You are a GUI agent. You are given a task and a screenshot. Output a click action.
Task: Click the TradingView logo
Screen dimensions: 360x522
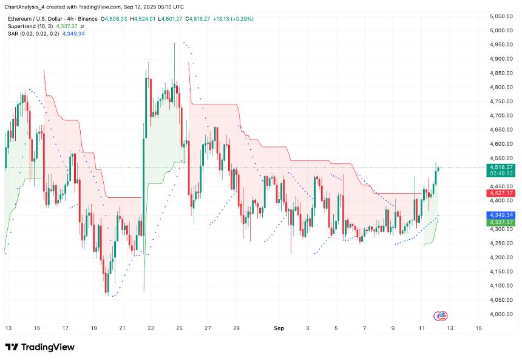[x=40, y=347]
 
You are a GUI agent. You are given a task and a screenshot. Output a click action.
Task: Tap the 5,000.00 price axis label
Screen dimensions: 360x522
[x=501, y=30]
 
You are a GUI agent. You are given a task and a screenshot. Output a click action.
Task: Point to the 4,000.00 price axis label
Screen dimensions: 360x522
[x=501, y=314]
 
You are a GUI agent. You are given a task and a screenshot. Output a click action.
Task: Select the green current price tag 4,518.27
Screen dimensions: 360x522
[x=501, y=167]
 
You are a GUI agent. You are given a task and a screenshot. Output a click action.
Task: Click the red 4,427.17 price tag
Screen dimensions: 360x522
[x=501, y=193]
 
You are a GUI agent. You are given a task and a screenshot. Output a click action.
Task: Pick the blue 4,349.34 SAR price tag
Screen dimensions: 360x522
[x=501, y=215]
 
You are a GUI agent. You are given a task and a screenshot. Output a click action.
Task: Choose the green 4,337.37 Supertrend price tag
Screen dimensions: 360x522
[x=501, y=223]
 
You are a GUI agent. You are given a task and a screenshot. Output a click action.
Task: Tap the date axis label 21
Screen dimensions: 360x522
[x=122, y=328]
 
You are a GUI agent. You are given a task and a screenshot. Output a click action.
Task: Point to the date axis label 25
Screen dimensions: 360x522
[x=180, y=328]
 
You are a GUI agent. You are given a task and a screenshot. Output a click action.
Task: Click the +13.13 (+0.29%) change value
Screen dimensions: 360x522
[x=231, y=19]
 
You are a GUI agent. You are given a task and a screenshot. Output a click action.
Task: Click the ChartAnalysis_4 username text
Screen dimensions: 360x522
[x=25, y=5]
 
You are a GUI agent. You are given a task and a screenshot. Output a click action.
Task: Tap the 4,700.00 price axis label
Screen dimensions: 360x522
[x=501, y=115]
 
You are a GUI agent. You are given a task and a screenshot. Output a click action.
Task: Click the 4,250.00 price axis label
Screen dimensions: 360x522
[x=501, y=243]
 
